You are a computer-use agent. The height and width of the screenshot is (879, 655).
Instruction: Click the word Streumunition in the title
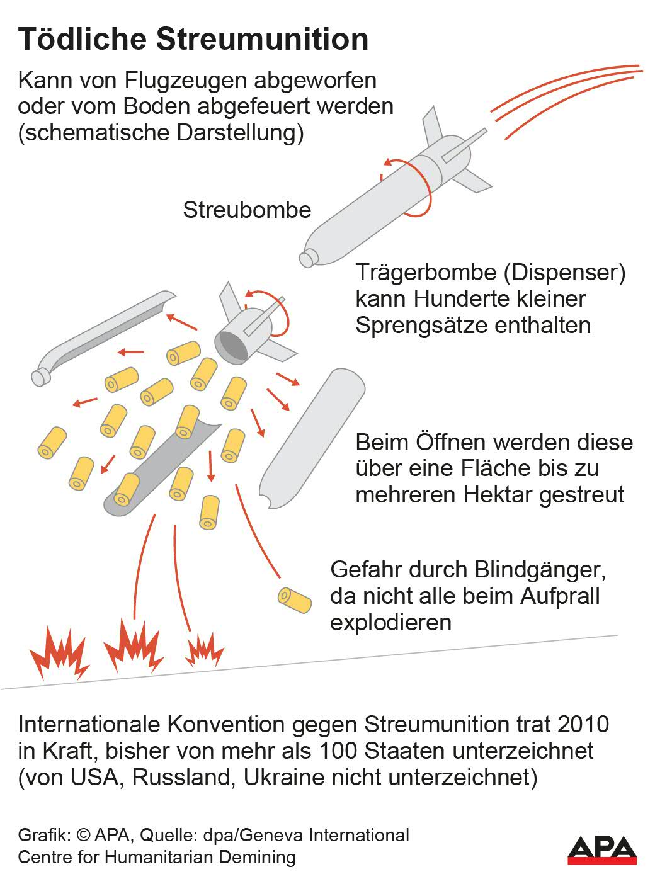point(262,39)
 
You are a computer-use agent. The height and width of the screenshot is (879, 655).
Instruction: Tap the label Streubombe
point(247,210)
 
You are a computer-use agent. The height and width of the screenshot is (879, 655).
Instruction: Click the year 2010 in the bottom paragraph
point(583,724)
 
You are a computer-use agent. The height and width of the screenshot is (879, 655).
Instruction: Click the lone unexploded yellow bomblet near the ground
point(295,600)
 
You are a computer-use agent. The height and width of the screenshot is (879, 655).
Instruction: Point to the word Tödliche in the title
point(83,39)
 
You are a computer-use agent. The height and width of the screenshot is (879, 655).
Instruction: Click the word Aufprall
point(559,596)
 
